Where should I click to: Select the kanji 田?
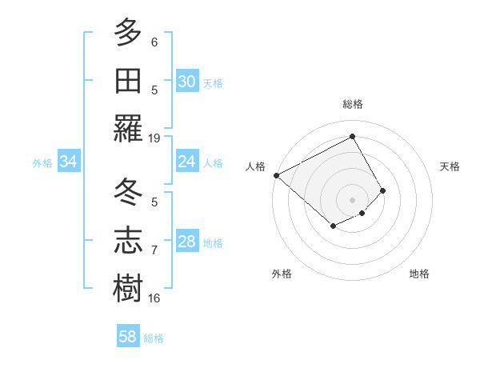128,80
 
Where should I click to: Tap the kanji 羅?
128,128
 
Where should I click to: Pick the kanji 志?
128,241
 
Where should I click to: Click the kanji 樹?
128,289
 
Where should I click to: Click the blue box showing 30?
187,82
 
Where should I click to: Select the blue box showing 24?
187,162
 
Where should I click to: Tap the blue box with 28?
187,242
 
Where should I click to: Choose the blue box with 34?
69,162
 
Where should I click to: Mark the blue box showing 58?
128,337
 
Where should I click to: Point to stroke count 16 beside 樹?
154,298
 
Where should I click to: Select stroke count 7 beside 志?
154,250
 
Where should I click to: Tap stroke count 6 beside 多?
154,42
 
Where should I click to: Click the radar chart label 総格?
352,104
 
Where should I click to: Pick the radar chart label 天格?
450,166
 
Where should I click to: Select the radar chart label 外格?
282,274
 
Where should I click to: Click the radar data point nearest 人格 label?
276,174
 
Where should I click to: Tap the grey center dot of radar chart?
352,199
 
